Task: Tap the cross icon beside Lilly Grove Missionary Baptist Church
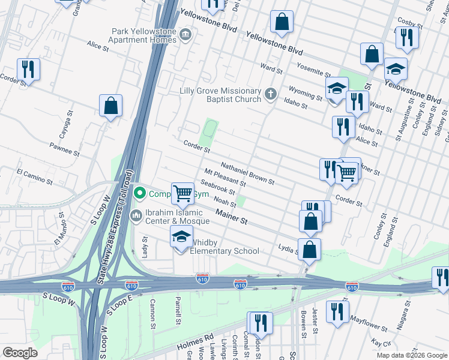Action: pyautogui.click(x=271, y=94)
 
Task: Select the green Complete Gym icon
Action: pyautogui.click(x=140, y=193)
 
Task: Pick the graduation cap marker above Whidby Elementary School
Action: pyautogui.click(x=182, y=237)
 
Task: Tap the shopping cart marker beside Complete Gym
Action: pyautogui.click(x=183, y=193)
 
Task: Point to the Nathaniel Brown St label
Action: pyautogui.click(x=247, y=173)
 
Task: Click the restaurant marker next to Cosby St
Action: pyautogui.click(x=407, y=38)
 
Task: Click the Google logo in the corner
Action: pyautogui.click(x=20, y=353)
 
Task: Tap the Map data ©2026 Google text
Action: pyautogui.click(x=411, y=355)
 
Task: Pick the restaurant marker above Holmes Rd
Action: pyautogui.click(x=260, y=323)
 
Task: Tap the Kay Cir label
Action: pyautogui.click(x=381, y=342)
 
